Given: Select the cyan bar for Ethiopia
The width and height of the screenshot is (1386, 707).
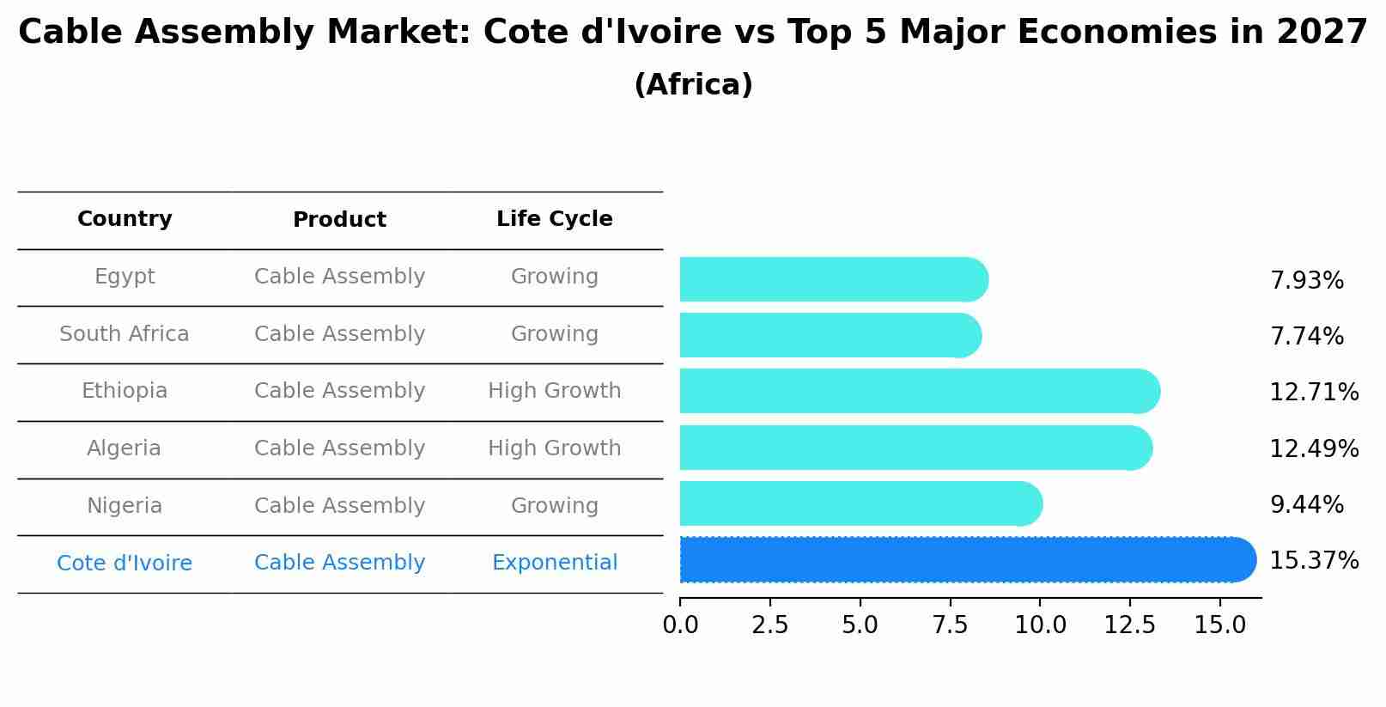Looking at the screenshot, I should pyautogui.click(x=919, y=391).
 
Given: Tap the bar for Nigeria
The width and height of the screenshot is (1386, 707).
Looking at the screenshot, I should pyautogui.click(x=859, y=503).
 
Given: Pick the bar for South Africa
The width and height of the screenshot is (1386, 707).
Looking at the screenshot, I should pyautogui.click(x=829, y=335).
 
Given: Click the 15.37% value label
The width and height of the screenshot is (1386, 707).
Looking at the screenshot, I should pyautogui.click(x=1313, y=561).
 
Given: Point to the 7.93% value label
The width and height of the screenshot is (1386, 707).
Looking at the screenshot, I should pyautogui.click(x=1306, y=281).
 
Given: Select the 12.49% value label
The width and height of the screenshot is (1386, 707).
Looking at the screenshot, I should pyautogui.click(x=1313, y=448).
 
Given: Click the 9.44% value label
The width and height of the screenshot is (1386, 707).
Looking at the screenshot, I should pyautogui.click(x=1306, y=505).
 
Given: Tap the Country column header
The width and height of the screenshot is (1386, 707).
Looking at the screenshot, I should pyautogui.click(x=125, y=219).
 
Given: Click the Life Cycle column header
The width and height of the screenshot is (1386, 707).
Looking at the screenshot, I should pyautogui.click(x=554, y=219).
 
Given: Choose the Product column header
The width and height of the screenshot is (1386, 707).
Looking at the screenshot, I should pyautogui.click(x=339, y=220).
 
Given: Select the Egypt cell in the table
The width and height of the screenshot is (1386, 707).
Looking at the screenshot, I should pyautogui.click(x=125, y=277).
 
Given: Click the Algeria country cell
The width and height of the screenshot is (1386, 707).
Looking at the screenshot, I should pyautogui.click(x=125, y=448).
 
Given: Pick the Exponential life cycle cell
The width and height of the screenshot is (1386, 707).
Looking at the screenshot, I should pyautogui.click(x=554, y=563).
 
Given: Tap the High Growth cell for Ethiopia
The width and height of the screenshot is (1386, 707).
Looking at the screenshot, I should pyautogui.click(x=554, y=391).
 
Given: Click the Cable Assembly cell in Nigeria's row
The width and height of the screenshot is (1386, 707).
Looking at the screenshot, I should pyautogui.click(x=339, y=506).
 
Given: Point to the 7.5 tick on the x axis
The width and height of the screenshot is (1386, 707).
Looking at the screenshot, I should pyautogui.click(x=950, y=625).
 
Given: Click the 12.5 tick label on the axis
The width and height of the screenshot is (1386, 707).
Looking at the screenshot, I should pyautogui.click(x=1129, y=625).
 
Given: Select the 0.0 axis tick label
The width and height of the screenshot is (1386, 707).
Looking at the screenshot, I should pyautogui.click(x=680, y=625).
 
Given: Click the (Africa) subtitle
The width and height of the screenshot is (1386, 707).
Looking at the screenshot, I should pyautogui.click(x=693, y=85).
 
